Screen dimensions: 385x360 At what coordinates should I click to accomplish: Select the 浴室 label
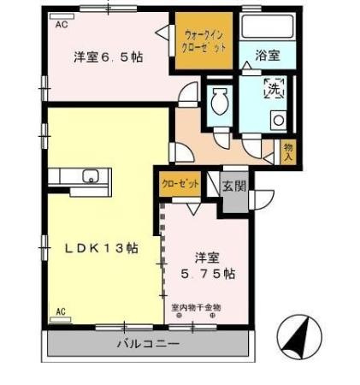(x=267, y=56)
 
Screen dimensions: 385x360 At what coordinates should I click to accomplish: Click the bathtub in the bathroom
(x=268, y=25)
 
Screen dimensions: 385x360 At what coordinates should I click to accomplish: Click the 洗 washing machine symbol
(x=273, y=86)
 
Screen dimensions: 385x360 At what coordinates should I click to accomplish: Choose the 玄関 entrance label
(x=233, y=185)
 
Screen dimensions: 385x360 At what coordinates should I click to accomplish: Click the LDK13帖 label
(x=103, y=249)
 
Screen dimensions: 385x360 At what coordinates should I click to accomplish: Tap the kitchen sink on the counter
(x=89, y=177)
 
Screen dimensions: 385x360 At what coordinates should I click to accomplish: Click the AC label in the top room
(x=62, y=25)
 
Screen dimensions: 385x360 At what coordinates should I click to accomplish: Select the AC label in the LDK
(x=62, y=311)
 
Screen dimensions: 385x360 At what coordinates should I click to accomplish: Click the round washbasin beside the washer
(x=278, y=121)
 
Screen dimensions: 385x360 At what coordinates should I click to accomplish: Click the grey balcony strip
(x=86, y=344)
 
